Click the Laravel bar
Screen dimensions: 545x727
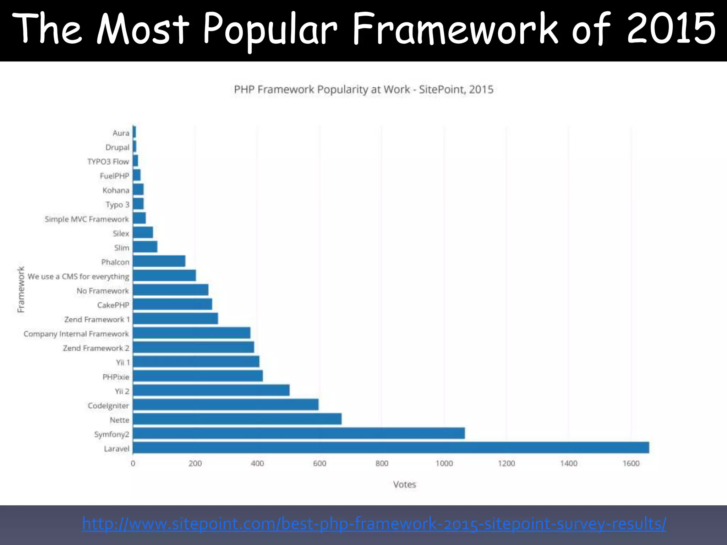(x=390, y=447)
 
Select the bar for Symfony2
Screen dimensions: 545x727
(x=299, y=433)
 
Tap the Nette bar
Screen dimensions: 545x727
(x=237, y=419)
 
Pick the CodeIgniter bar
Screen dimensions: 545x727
(x=225, y=404)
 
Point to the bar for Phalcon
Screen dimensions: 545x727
(x=159, y=261)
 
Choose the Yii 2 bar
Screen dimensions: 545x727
(x=211, y=390)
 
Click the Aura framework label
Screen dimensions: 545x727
(x=121, y=133)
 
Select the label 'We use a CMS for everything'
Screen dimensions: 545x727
(x=78, y=276)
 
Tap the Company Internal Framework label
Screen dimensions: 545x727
(x=76, y=334)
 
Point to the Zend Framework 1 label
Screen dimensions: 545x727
(x=97, y=319)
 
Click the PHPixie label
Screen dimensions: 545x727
(x=116, y=377)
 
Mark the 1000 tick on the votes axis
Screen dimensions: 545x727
(x=444, y=463)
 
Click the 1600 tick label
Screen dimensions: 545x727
(x=631, y=463)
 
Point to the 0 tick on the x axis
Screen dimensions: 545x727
(x=133, y=463)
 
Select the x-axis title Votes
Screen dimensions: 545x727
(x=404, y=484)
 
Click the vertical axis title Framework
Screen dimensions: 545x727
(x=21, y=289)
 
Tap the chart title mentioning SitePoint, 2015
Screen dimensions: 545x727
(x=363, y=89)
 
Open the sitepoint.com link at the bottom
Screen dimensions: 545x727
(x=374, y=524)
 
